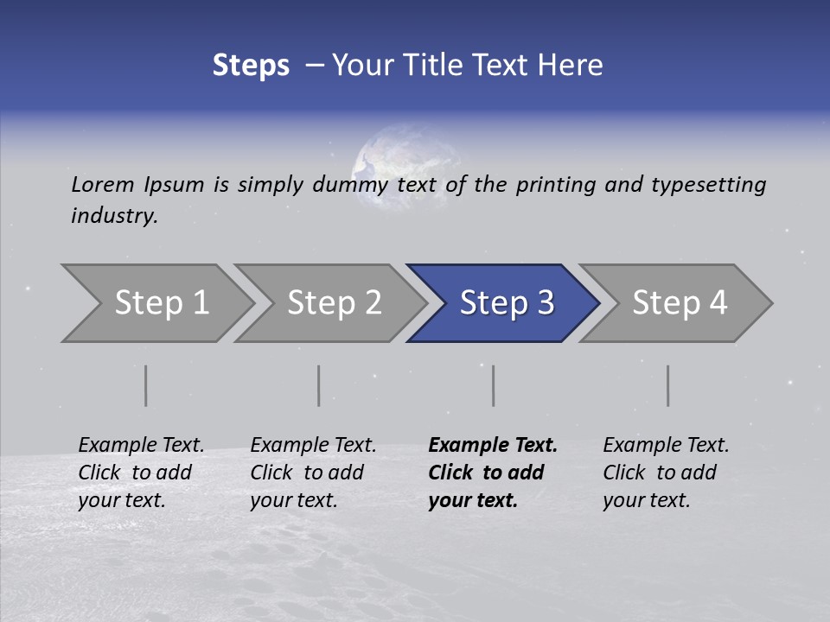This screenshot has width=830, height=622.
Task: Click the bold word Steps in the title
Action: (251, 66)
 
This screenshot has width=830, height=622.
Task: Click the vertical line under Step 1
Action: (145, 385)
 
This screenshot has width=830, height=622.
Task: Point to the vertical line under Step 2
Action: (318, 385)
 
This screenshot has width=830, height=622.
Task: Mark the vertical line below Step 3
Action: (493, 385)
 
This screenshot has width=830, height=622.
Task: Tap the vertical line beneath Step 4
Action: (667, 385)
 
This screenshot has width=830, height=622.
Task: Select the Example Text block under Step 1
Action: (140, 473)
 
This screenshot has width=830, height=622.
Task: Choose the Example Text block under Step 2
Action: (312, 473)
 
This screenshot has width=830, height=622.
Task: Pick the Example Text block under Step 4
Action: (665, 473)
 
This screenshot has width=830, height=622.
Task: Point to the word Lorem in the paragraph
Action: (103, 184)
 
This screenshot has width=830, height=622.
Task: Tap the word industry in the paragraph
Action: (114, 216)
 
